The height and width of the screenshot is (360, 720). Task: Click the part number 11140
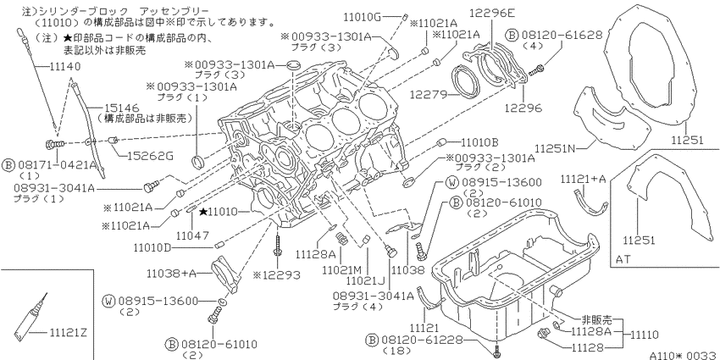(x=64, y=67)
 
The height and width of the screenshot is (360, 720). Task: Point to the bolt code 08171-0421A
(x=57, y=165)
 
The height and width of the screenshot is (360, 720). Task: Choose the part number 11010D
(x=152, y=248)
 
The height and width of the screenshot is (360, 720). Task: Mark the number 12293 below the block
(x=280, y=275)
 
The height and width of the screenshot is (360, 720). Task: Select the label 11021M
(x=341, y=269)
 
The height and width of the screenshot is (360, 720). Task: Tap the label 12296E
(x=492, y=14)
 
